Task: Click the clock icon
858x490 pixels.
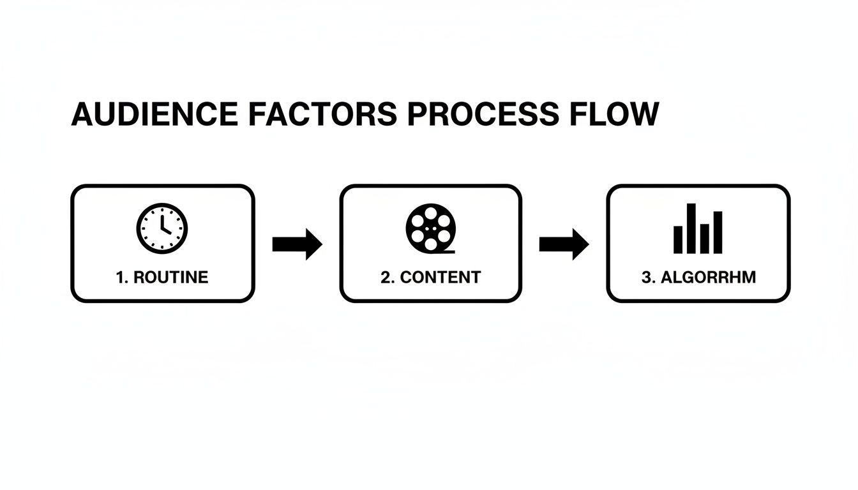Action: coord(162,228)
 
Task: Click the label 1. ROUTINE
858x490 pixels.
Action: coord(162,278)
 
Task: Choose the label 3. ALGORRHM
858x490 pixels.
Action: coord(698,278)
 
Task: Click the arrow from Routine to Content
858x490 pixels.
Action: coord(297,244)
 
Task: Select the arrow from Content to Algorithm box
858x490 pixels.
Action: coord(564,244)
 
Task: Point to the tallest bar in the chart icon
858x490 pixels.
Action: coord(691,228)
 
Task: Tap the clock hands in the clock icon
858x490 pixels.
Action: coord(164,225)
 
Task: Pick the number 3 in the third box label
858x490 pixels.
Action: coord(644,278)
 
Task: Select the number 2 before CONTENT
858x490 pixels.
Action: coord(384,278)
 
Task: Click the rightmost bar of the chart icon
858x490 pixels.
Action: coord(718,232)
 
